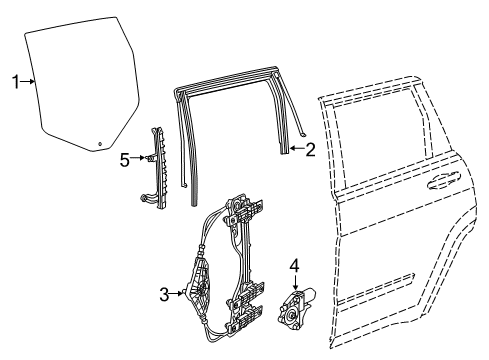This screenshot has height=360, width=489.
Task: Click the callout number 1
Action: [x=15, y=83]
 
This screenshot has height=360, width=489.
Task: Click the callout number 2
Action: [x=310, y=151]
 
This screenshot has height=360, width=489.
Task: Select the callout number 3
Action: [x=165, y=293]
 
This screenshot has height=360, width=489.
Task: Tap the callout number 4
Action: [x=294, y=266]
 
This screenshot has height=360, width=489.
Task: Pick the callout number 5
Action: [x=125, y=158]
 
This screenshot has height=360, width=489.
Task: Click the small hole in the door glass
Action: [x=101, y=143]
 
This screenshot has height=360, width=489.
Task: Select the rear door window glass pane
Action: [x=80, y=85]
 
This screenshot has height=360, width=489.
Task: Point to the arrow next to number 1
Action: [x=30, y=83]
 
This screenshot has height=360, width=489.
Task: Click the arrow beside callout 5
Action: [x=141, y=158]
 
